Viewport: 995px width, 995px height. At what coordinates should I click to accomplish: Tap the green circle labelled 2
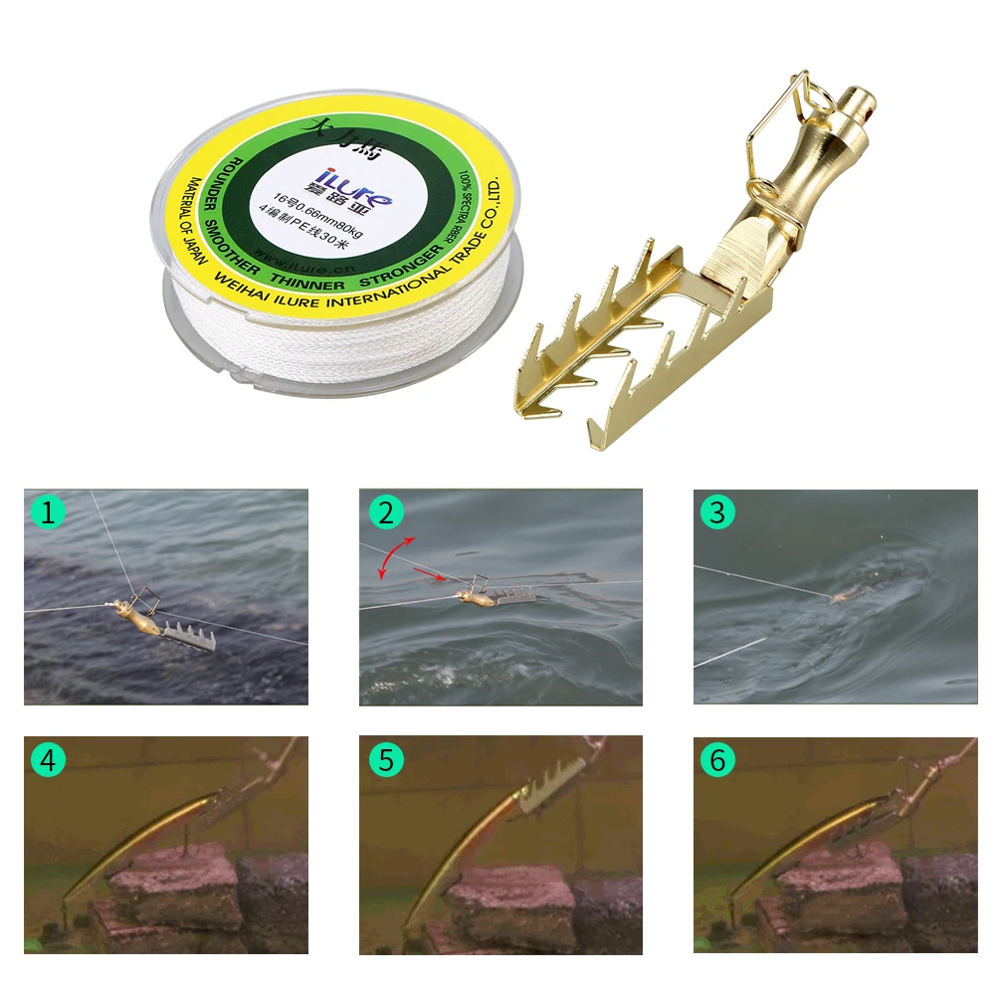coord(384,512)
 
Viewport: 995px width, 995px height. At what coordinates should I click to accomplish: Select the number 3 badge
coord(716,512)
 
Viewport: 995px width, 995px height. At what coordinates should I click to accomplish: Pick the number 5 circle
coord(384,760)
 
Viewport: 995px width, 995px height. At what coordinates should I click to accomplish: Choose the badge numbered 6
coord(716,760)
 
